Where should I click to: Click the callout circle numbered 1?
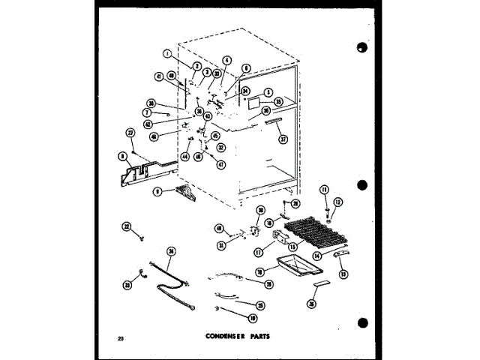[x=166, y=53]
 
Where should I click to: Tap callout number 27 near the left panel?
[x=130, y=133]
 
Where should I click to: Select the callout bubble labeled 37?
[x=283, y=139]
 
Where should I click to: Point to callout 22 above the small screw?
[x=126, y=226]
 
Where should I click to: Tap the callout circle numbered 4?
[x=227, y=61]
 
